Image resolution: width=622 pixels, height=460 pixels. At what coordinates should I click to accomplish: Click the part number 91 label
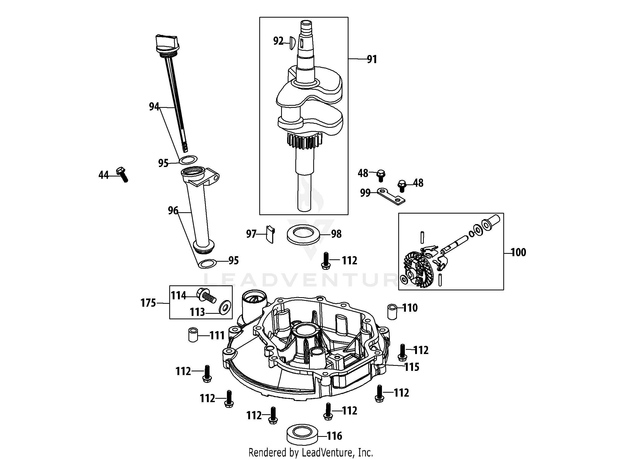(x=372, y=59)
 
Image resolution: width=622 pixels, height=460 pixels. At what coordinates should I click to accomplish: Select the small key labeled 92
(x=291, y=43)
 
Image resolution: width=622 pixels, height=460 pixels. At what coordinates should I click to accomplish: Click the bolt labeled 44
(x=122, y=175)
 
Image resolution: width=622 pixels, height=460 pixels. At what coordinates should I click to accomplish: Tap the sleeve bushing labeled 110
(x=392, y=312)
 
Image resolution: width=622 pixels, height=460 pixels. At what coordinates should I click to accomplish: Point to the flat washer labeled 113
(x=225, y=308)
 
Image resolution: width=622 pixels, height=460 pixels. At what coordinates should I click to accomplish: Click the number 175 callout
(x=148, y=303)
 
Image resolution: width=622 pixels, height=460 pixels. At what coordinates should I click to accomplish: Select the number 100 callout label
(x=518, y=252)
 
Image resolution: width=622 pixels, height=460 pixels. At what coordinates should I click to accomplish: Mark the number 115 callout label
(x=412, y=367)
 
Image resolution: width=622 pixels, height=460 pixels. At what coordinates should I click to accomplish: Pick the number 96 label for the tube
(x=173, y=210)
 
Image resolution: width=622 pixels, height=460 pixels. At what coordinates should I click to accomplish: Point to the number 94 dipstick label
(x=154, y=106)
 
